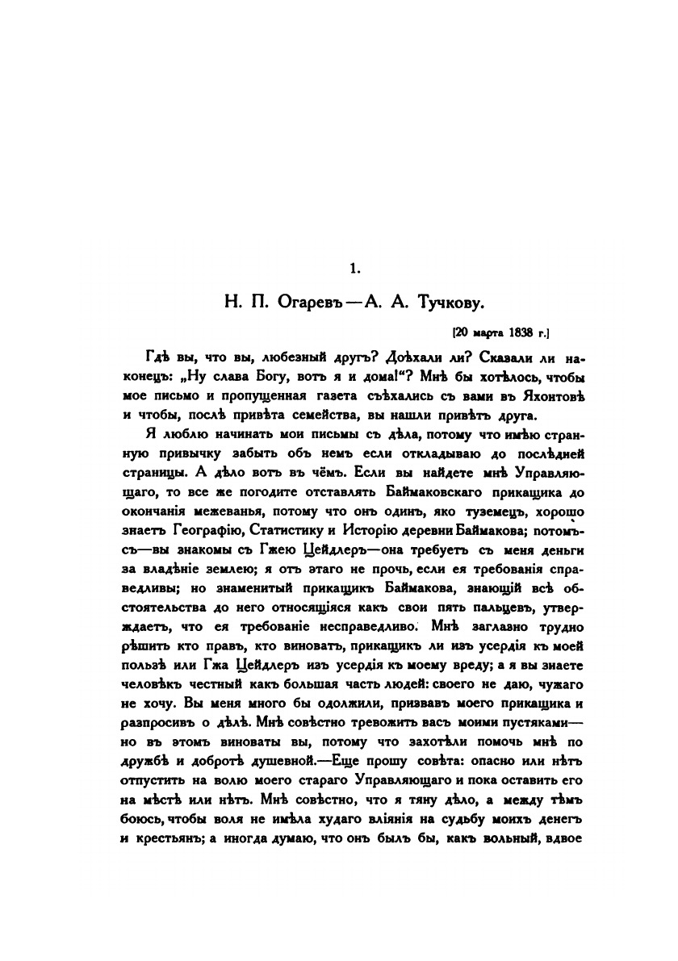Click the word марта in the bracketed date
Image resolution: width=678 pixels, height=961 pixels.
[479, 331]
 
